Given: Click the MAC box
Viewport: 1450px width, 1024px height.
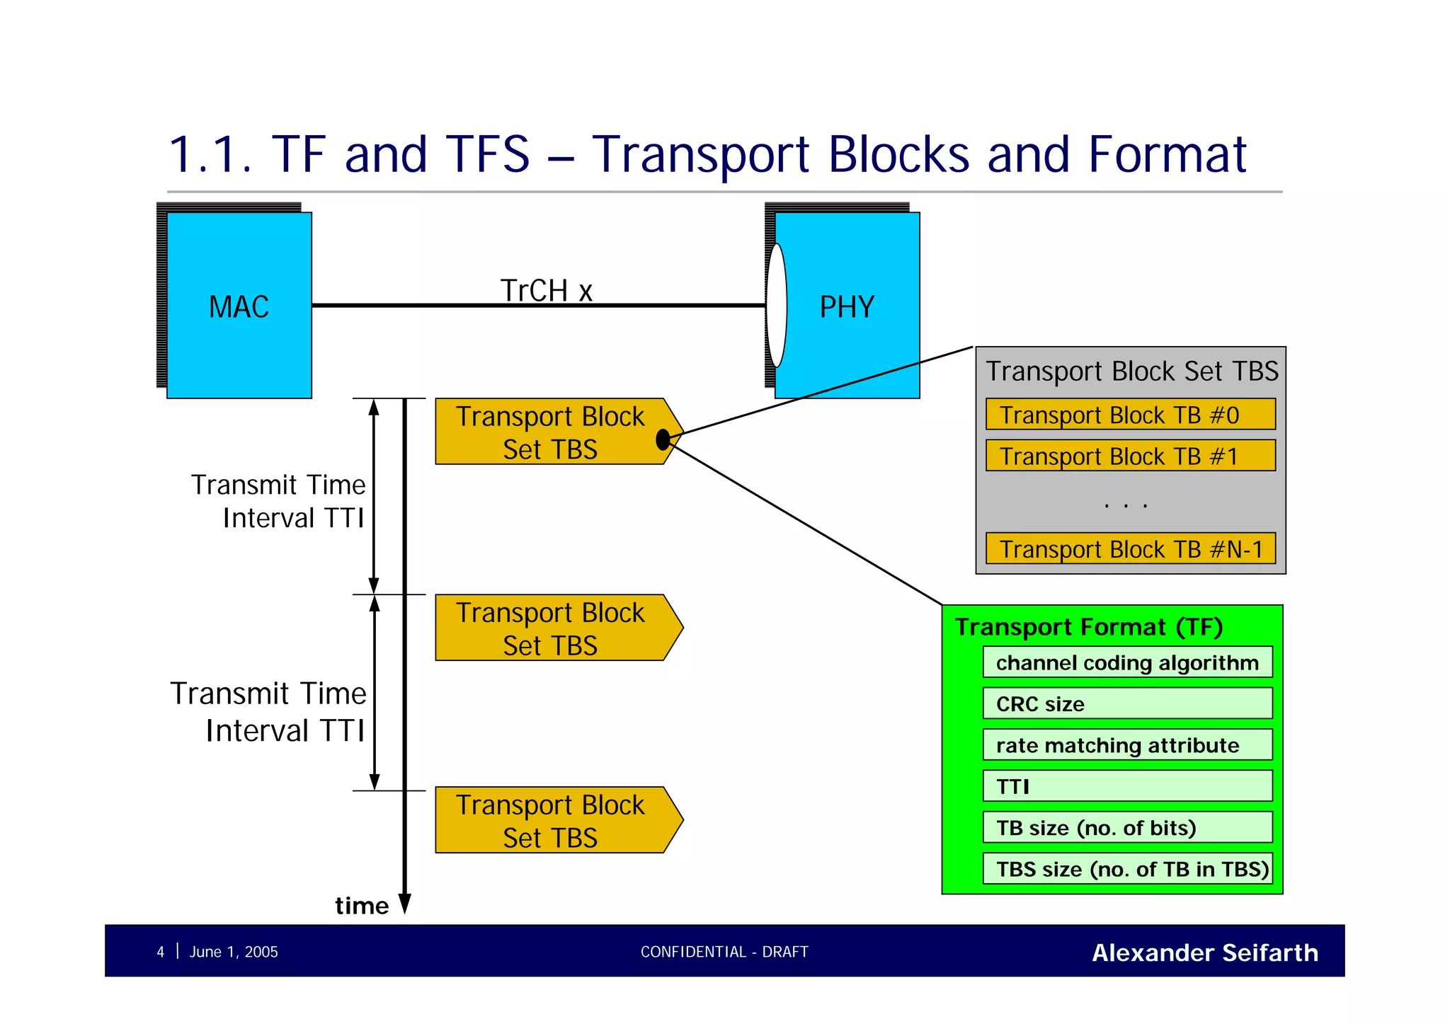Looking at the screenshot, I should pos(239,306).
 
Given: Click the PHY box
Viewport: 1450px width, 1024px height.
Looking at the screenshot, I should pos(847,306).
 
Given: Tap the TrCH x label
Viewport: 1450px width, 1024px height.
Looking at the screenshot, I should pos(546,290).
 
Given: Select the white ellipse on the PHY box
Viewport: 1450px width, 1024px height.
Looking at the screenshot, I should pos(777,306).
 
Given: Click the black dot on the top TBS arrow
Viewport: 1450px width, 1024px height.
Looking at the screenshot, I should pos(663,439).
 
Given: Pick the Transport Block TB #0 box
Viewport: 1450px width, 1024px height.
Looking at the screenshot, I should pos(1130,415).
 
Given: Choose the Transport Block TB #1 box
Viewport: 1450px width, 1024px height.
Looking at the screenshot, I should pos(1130,456).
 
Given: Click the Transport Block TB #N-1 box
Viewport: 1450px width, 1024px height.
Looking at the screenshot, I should pos(1130,548).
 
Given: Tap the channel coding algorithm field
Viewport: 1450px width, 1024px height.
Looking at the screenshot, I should pos(1127,662).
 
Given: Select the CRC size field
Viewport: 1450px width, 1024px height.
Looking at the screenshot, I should pos(1127,703).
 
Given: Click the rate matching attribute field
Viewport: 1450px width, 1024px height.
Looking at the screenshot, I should pos(1127,744).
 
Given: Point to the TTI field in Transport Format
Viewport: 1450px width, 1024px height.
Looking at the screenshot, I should pos(1127,786).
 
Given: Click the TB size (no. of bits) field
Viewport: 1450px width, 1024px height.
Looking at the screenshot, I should pos(1127,827).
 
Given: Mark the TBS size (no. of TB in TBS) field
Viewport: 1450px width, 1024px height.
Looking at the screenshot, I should pos(1127,868).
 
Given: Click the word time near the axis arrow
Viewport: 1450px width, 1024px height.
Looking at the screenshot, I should pos(361,906).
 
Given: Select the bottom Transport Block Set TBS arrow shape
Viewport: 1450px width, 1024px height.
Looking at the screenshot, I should pos(552,820).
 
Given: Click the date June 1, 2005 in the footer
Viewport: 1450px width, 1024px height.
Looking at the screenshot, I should pos(234,952).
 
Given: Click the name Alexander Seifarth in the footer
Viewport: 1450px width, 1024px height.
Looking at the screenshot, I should pos(1204,953).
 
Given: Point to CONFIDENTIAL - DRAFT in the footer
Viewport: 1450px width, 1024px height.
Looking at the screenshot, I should pos(724,952).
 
